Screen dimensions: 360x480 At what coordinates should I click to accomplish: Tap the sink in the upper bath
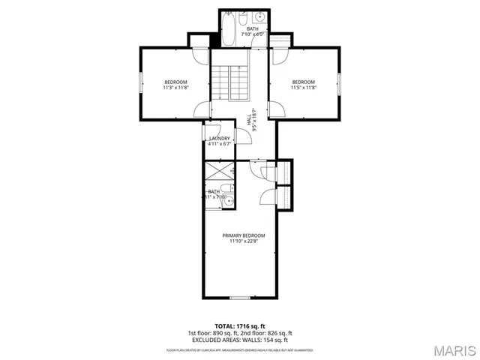pos(257,17)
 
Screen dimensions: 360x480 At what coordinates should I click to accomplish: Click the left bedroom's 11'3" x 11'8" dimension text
pos(175,88)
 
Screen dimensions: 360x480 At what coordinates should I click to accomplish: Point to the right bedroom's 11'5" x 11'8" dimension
pos(303,88)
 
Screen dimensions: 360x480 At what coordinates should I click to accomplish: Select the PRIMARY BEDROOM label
pos(244,235)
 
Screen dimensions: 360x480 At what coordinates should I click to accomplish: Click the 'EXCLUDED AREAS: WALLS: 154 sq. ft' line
pos(240,340)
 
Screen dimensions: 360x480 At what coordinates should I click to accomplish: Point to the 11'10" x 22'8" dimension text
pos(244,241)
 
